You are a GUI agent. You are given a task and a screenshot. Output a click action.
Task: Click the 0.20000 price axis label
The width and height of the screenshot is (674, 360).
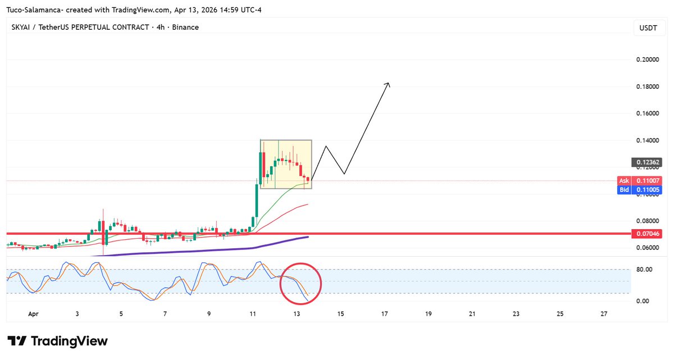tap(648, 60)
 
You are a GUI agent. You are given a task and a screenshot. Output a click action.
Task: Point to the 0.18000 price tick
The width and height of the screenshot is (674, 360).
tap(648, 86)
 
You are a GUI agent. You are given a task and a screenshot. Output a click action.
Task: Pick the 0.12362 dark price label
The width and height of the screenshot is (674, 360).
tap(648, 163)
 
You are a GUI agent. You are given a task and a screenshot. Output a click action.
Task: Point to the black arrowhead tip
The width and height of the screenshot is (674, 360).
tap(389, 83)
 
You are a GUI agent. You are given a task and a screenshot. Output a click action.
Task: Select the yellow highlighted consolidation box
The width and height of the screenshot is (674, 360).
tap(286, 163)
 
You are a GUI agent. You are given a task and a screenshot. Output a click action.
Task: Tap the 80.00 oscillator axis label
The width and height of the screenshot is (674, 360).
tap(644, 270)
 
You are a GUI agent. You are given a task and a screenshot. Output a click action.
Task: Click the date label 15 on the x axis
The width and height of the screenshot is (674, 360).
tap(340, 315)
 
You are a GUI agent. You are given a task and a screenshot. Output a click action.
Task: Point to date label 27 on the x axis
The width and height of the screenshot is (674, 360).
tap(604, 315)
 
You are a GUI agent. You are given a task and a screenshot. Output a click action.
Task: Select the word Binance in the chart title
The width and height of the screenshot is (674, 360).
tap(185, 27)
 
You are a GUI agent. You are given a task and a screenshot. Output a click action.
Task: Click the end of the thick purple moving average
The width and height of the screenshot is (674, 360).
tap(308, 237)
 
